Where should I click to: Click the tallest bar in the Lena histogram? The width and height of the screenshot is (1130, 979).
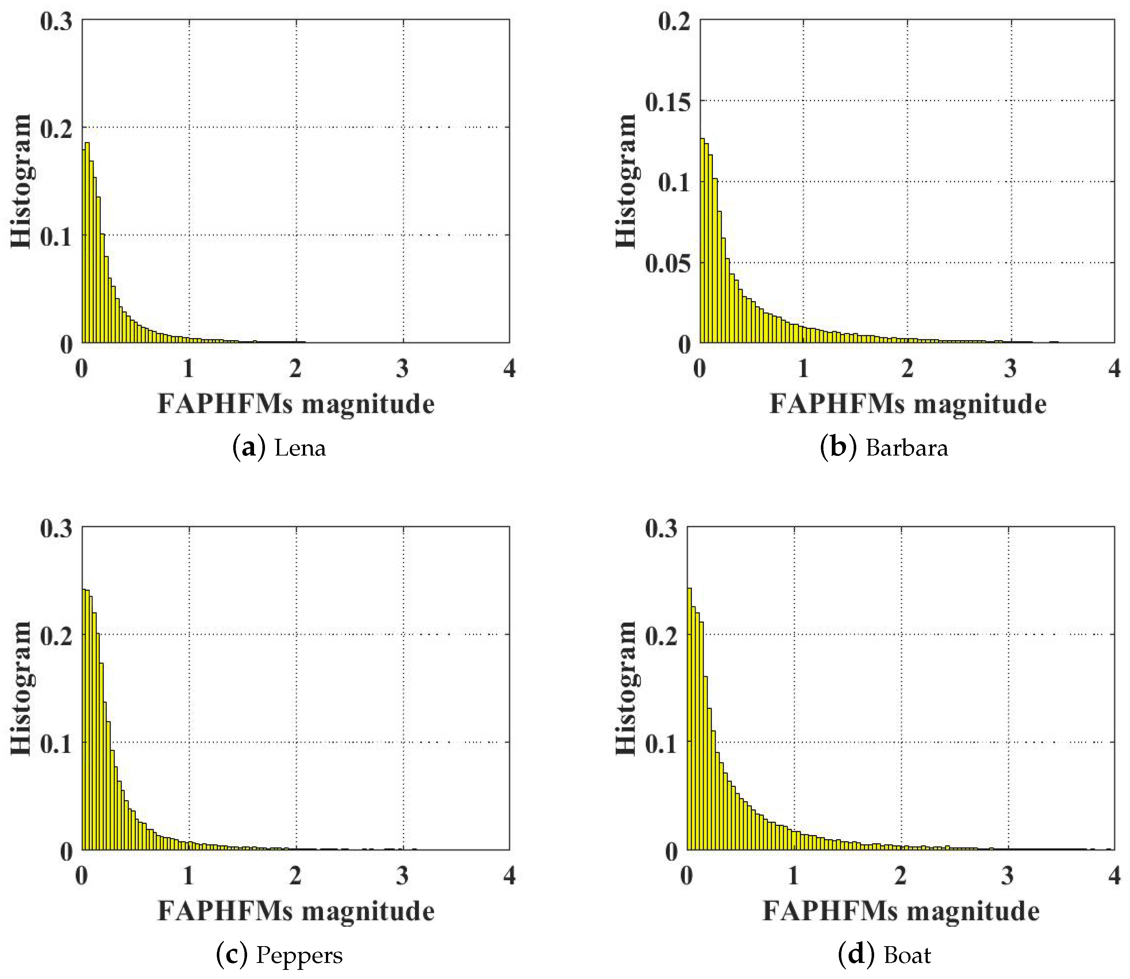coord(87,243)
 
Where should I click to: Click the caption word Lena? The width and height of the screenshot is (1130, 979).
coord(300,448)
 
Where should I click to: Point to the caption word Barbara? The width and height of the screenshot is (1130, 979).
coord(907,448)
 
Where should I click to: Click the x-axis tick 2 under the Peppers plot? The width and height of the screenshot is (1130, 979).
coord(296,876)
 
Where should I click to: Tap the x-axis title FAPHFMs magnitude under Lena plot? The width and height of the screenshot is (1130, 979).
coord(296,405)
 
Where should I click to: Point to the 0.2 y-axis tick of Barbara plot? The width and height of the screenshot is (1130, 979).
coord(674,22)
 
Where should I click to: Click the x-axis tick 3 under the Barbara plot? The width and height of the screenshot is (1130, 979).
coord(1010,370)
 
